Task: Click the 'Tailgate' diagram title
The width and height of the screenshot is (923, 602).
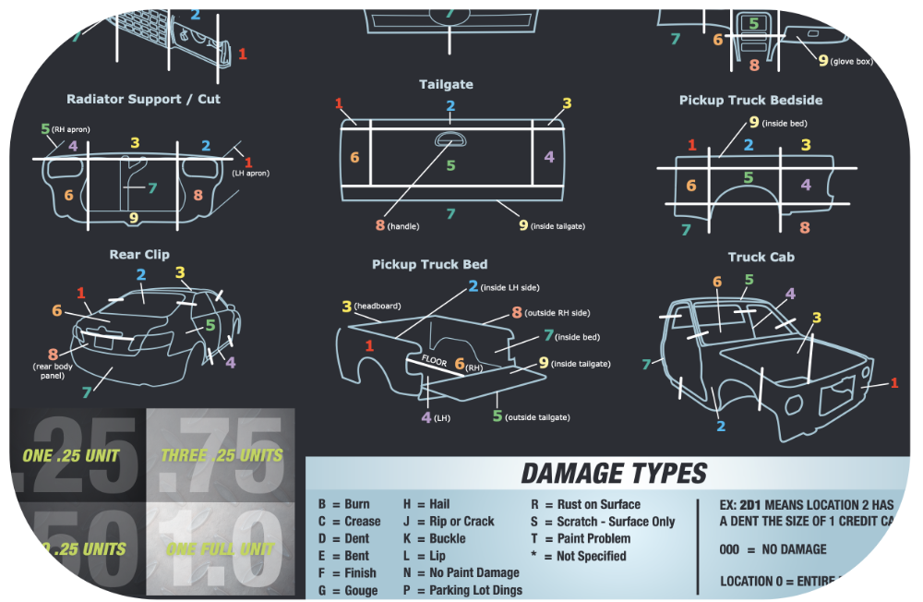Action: [x=446, y=84]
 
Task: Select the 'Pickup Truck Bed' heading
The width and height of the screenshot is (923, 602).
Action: [x=429, y=264]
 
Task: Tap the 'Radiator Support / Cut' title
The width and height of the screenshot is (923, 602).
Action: [x=143, y=99]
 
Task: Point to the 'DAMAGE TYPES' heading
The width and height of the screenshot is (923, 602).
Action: [x=614, y=474]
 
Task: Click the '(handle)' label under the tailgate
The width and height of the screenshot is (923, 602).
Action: [x=403, y=226]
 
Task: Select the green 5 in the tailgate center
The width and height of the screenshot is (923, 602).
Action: [x=450, y=165]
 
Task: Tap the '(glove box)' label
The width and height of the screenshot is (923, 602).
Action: [x=851, y=62]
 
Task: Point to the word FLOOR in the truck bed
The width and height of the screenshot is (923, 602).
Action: [x=435, y=360]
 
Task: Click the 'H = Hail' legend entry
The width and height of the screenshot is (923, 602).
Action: [x=426, y=504]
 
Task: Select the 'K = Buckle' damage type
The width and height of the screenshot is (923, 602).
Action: [x=434, y=538]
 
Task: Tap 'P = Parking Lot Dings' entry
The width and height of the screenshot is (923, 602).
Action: [x=462, y=590]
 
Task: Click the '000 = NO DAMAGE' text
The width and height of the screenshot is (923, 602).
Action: [x=773, y=549]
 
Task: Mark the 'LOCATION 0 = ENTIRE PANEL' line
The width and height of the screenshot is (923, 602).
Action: [x=796, y=581]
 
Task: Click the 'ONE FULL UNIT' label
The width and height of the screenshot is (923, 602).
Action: [x=221, y=549]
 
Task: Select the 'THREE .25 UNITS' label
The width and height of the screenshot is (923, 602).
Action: [x=221, y=455]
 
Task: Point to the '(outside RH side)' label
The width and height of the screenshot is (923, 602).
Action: [x=557, y=313]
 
